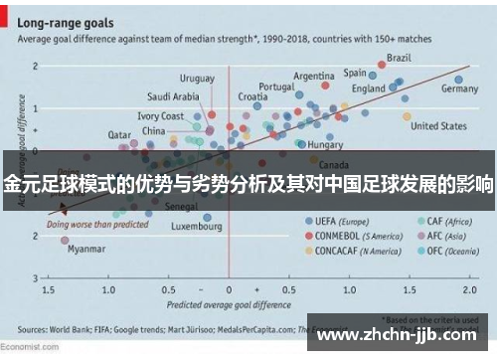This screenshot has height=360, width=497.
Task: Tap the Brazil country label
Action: [x=399, y=58]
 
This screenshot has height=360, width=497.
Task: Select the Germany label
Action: [x=459, y=89]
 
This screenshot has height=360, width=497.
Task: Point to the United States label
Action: [x=438, y=126]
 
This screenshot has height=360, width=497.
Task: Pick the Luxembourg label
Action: [x=196, y=226]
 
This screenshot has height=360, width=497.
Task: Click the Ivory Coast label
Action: [x=160, y=116]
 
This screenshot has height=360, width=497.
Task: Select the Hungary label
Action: [x=325, y=144]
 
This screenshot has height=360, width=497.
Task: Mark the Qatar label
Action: [x=119, y=134]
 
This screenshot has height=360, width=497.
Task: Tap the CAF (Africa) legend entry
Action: [x=448, y=221]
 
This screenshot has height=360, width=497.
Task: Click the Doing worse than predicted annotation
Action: [x=90, y=225]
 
